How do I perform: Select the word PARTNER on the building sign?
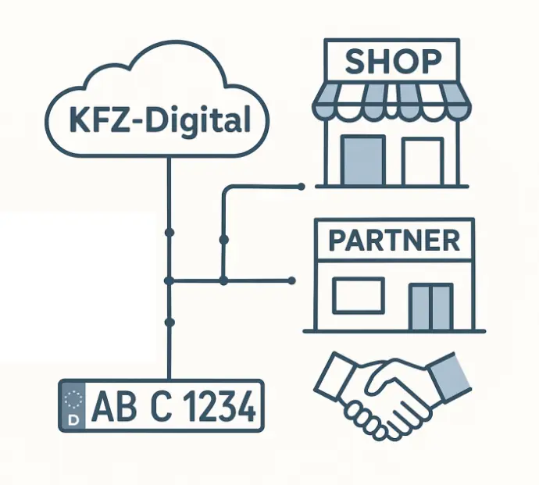pyautogui.click(x=392, y=240)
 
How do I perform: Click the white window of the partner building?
pyautogui.click(x=358, y=296)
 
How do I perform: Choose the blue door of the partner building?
pyautogui.click(x=431, y=306)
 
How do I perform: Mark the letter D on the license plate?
pyautogui.click(x=74, y=419)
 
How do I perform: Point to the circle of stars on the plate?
pyautogui.click(x=74, y=400)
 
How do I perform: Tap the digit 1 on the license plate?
pyautogui.click(x=189, y=406)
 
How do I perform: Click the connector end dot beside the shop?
pyautogui.click(x=301, y=186)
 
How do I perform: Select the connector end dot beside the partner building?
pyautogui.click(x=293, y=280)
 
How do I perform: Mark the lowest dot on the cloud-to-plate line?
pyautogui.click(x=168, y=322)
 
